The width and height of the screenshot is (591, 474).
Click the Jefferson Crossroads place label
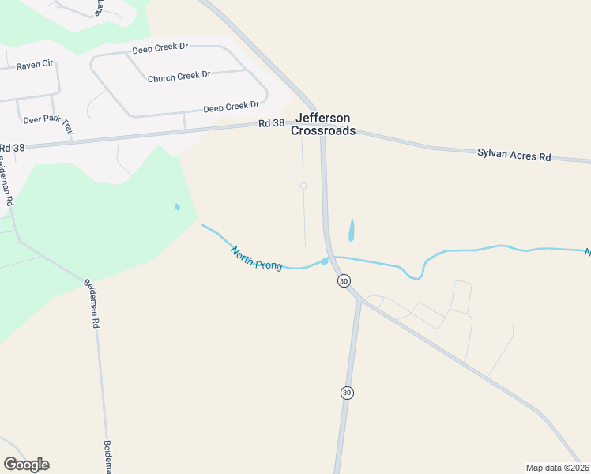pyautogui.click(x=322, y=124)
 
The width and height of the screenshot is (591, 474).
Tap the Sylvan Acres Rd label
pyautogui.click(x=514, y=156)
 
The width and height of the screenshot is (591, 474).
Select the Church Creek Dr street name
pyautogui.click(x=179, y=76)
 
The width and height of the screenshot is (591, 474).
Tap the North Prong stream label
pyautogui.click(x=256, y=258)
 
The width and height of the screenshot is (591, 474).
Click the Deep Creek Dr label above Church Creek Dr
pyautogui.click(x=160, y=47)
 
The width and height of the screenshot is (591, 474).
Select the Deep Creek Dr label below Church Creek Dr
pyautogui.click(x=231, y=107)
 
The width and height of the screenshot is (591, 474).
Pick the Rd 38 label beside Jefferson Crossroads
pyautogui.click(x=271, y=123)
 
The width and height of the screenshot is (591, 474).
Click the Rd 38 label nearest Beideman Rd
pyautogui.click(x=12, y=148)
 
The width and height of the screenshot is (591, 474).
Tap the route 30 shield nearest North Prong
pyautogui.click(x=343, y=281)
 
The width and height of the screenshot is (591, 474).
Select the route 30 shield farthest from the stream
pyautogui.click(x=346, y=393)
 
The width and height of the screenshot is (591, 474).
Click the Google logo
pyautogui.click(x=26, y=465)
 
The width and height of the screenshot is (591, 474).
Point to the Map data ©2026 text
pyautogui.click(x=558, y=468)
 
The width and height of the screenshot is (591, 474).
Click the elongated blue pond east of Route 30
pyautogui.click(x=351, y=230)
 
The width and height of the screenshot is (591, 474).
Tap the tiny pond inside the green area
pyautogui.click(x=177, y=208)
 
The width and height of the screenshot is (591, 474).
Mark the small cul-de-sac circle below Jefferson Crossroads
pyautogui.click(x=303, y=186)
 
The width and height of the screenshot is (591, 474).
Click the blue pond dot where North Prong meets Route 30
pyautogui.click(x=324, y=261)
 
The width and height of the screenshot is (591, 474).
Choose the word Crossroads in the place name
pyautogui.click(x=322, y=131)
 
